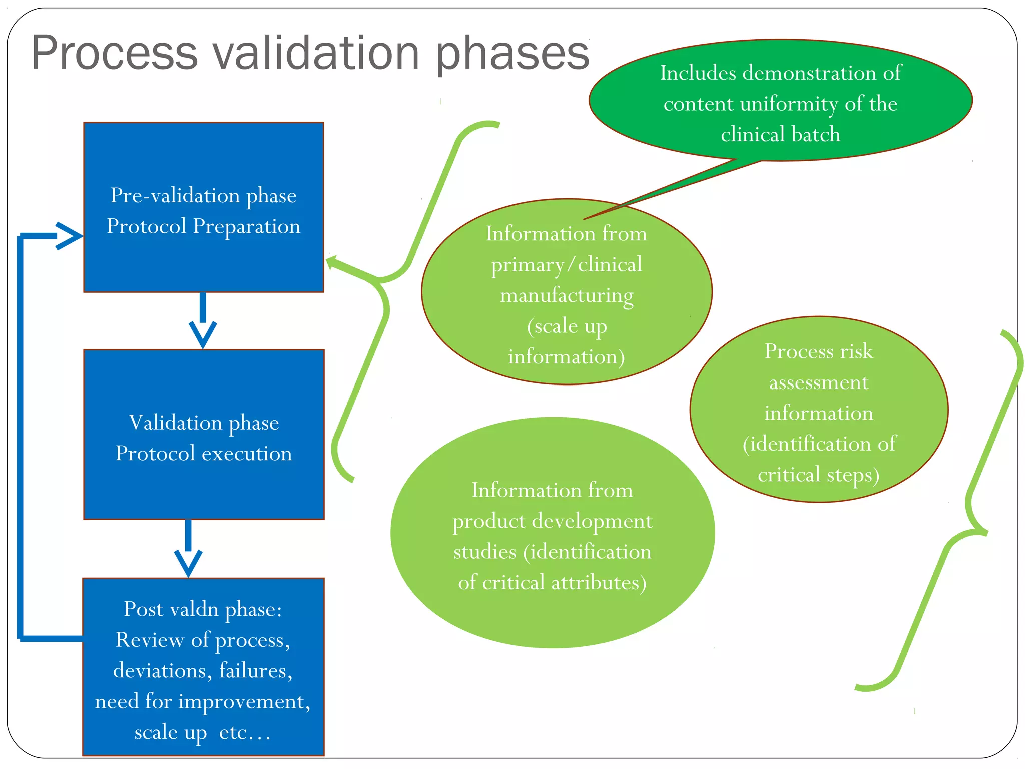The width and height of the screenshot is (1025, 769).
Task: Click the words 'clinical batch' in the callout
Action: (x=781, y=134)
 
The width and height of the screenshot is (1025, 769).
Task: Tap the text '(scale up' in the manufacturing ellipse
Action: (x=567, y=326)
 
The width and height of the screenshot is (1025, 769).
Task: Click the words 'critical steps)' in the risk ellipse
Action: (x=819, y=475)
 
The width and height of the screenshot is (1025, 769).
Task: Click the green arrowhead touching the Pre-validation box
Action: (x=332, y=262)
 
